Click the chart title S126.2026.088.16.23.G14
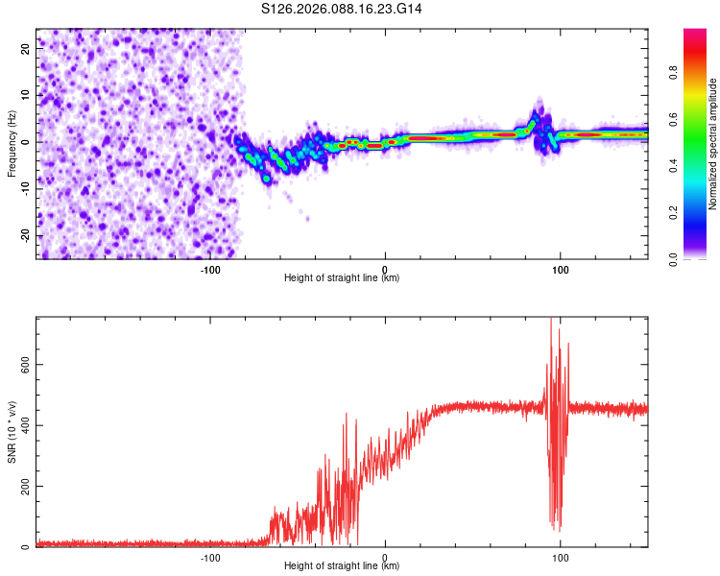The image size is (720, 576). point(342,9)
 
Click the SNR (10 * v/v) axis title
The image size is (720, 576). point(12,431)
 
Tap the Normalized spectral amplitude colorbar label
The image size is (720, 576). point(713,144)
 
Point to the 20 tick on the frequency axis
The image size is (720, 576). point(25,47)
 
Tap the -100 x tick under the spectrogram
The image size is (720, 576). point(210,269)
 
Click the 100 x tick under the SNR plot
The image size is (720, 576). point(560,557)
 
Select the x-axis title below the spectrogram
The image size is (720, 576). point(342,278)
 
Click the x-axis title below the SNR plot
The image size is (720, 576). point(342,566)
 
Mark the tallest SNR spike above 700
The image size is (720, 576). point(551,321)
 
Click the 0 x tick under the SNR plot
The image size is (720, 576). point(385,557)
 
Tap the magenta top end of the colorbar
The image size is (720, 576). point(695,33)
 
